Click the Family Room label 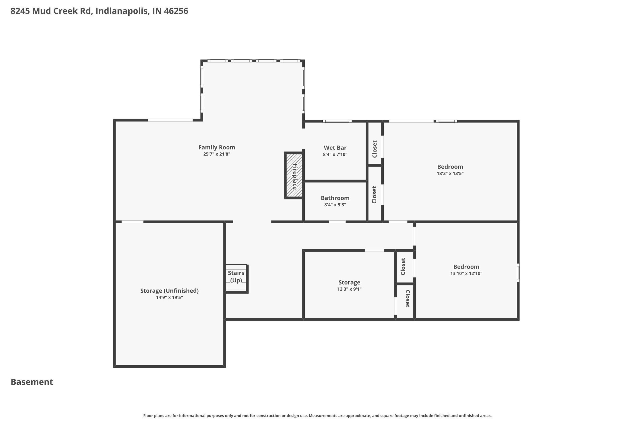click(x=217, y=147)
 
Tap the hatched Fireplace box click(x=294, y=176)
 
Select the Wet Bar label click(x=335, y=148)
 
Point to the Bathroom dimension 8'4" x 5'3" click(x=335, y=205)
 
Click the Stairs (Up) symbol click(x=236, y=279)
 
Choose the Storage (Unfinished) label click(x=169, y=291)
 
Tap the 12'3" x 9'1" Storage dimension click(x=349, y=289)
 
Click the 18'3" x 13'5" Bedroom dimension click(x=450, y=173)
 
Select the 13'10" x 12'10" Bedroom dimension click(x=466, y=274)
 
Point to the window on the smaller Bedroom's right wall click(x=518, y=272)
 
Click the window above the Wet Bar click(x=337, y=121)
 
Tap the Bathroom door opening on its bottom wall click(x=337, y=222)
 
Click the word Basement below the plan click(x=32, y=382)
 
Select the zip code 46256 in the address click(x=176, y=11)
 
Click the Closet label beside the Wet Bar click(x=374, y=149)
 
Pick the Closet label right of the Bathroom click(x=374, y=195)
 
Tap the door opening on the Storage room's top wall click(x=374, y=250)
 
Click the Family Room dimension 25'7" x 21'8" click(x=217, y=154)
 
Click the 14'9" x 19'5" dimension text click(x=169, y=297)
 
